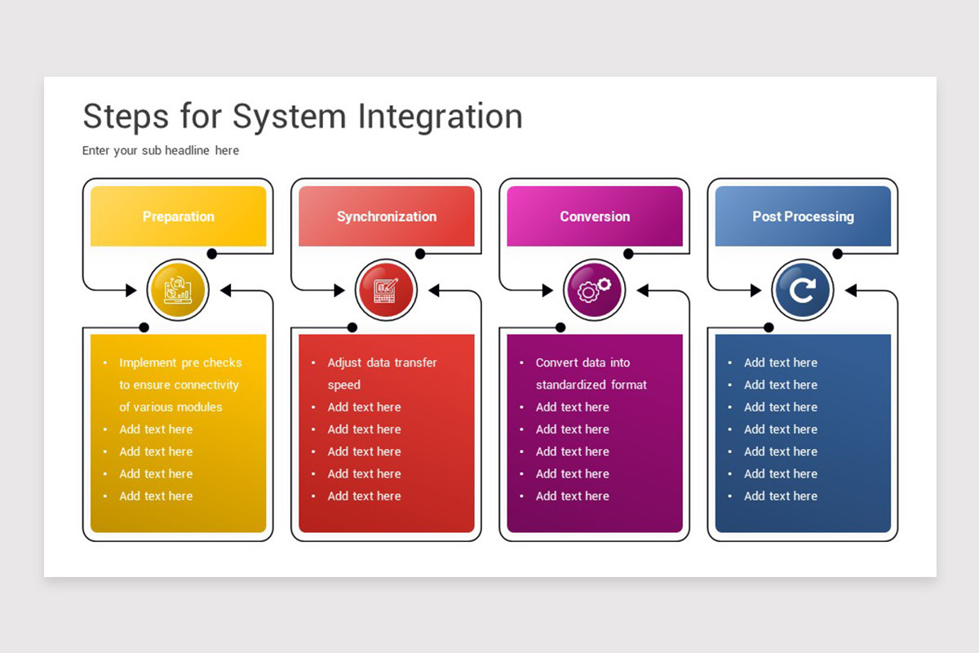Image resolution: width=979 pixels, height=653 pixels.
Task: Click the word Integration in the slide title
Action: coord(440,117)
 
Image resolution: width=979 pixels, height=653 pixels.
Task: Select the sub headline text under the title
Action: coord(161,150)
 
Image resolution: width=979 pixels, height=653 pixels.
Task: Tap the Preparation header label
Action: coord(179,216)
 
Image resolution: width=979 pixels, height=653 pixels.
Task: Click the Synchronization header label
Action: coord(387,216)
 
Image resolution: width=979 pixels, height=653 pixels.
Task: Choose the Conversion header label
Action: coord(595,216)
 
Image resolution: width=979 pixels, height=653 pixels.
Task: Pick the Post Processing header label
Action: coord(803,216)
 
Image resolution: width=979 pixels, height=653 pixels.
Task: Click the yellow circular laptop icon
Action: coord(178,290)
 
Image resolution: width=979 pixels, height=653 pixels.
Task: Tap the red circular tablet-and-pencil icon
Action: coord(386,290)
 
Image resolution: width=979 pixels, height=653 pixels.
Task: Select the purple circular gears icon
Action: coord(595,290)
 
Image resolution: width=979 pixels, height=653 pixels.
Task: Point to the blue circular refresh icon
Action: coord(803,290)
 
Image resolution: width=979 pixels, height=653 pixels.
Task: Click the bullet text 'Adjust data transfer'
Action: coord(382,362)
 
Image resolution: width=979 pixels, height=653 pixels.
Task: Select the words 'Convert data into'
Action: coord(583,362)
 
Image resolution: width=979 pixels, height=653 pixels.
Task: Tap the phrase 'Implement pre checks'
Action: coord(180,362)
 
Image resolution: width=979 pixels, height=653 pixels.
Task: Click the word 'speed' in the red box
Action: coord(344,385)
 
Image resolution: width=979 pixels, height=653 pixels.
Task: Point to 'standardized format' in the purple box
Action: coord(591,385)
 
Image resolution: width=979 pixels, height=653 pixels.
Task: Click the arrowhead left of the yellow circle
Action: coord(131,290)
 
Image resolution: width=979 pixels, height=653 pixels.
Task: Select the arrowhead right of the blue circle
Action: coord(850,290)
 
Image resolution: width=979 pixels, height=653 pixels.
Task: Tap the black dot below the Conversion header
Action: coord(628,254)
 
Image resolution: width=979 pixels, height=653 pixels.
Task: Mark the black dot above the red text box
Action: coord(352,327)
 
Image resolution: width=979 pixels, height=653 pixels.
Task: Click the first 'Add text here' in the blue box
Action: coord(781,362)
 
